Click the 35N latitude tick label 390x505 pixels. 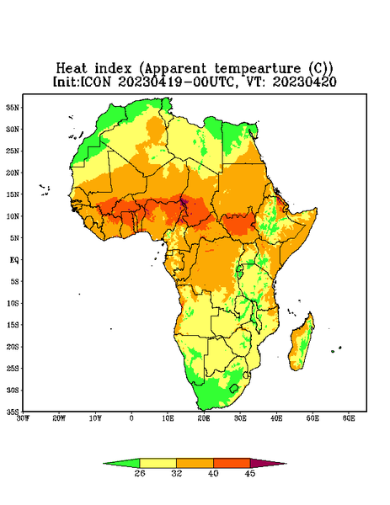pos(13,107)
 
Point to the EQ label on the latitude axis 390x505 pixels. pos(14,259)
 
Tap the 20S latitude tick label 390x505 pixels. pos(13,347)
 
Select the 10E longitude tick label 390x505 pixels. pos(168,418)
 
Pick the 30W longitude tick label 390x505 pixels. pos(23,418)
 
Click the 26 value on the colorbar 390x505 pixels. pos(140,473)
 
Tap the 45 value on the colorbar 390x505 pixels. pos(250,473)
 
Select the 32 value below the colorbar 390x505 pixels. pos(177,473)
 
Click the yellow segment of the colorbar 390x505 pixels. pos(158,463)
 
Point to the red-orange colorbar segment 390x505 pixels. pos(232,463)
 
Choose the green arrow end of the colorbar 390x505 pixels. pos(121,463)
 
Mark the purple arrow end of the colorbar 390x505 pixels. pos(268,463)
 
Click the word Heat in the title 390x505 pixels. pos(72,69)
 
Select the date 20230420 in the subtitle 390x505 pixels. pos(305,82)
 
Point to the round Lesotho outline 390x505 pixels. pos(234,388)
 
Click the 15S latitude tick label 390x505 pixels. pos(13,325)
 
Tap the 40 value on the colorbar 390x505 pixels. pos(213,473)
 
